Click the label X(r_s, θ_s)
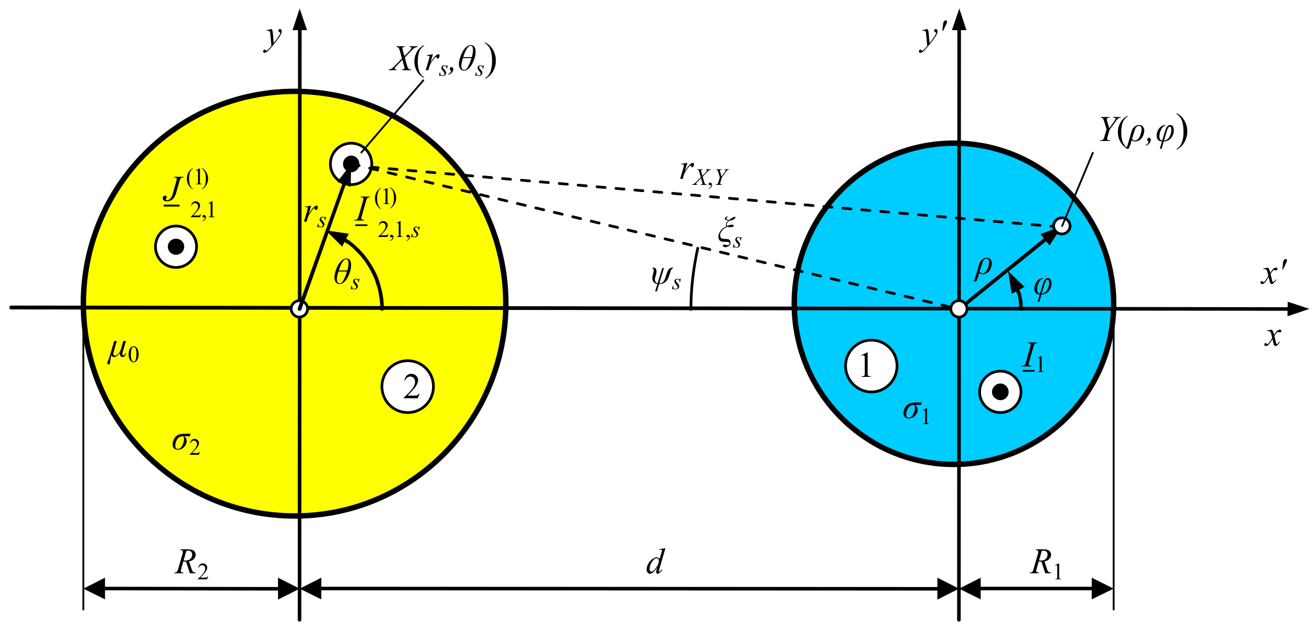point(443,60)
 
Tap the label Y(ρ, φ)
point(1143,132)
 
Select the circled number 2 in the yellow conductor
point(407,386)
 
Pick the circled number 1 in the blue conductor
point(871,366)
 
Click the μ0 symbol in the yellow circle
point(123,351)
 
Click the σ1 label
point(916,411)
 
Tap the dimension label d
point(655,562)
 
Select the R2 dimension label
point(191,564)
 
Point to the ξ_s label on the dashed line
point(730,233)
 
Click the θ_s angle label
point(347,274)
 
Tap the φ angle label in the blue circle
point(1042,286)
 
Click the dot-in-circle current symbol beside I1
point(1000,392)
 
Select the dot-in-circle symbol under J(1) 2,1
point(176,247)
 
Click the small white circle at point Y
point(1062,225)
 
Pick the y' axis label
point(933,37)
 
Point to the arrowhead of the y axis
point(299,19)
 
